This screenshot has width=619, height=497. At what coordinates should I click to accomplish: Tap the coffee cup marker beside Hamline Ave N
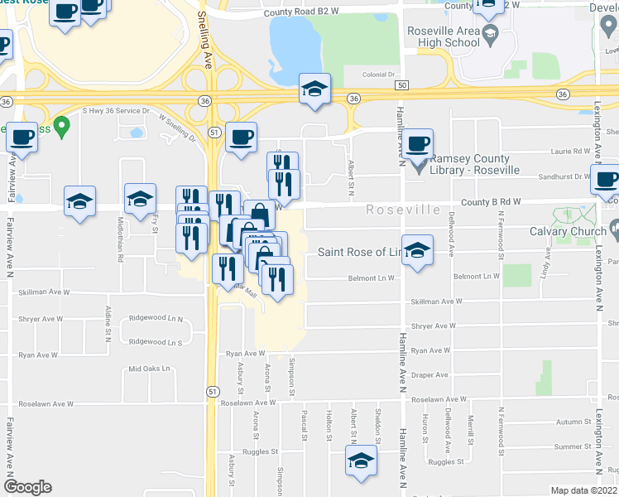[x=419, y=143]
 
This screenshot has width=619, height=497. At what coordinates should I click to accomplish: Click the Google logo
[x=27, y=487]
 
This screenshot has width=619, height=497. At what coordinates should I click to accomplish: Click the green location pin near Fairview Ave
[x=60, y=128]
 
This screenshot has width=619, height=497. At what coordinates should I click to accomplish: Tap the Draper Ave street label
[x=429, y=374]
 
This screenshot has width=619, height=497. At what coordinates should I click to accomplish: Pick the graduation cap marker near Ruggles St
[x=361, y=461]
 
